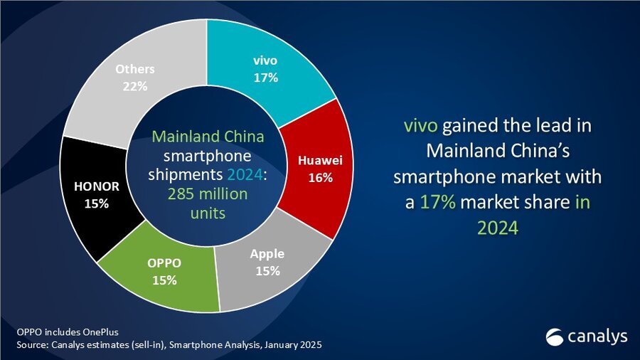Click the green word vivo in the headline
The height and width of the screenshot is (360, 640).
point(422,127)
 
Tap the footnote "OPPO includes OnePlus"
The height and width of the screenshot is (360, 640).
point(58,332)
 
